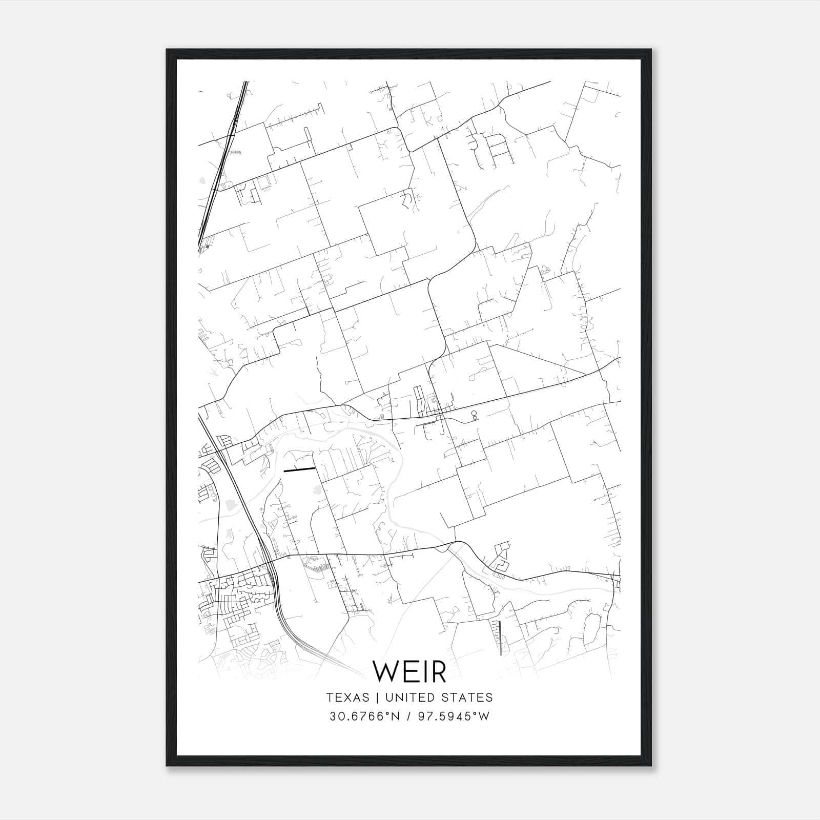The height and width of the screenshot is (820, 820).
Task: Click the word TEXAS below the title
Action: (347, 697)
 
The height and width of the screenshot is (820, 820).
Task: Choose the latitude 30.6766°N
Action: (364, 716)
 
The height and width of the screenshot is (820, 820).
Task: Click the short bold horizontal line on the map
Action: (299, 469)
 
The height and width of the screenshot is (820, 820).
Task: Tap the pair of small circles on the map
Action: (474, 415)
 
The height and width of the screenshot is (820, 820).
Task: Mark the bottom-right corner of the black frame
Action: (651, 766)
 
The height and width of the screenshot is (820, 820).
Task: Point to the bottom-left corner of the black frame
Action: (167, 766)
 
